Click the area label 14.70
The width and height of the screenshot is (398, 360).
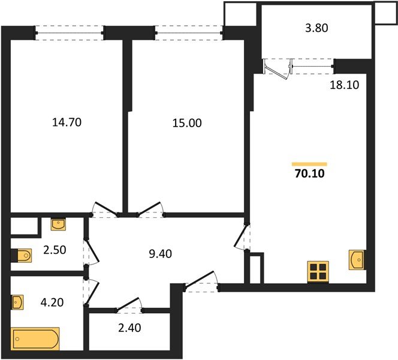[67, 122]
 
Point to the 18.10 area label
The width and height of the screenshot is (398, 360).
[344, 85]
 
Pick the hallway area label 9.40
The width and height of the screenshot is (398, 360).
[160, 253]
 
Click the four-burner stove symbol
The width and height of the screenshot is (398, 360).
[318, 272]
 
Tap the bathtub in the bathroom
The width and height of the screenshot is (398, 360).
[35, 339]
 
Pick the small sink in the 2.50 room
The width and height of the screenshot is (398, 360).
[58, 224]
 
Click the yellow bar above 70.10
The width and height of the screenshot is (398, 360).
[309, 163]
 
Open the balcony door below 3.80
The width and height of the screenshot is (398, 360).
[278, 67]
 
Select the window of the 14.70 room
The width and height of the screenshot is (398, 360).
[68, 32]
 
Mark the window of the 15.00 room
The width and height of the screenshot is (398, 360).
[189, 32]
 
